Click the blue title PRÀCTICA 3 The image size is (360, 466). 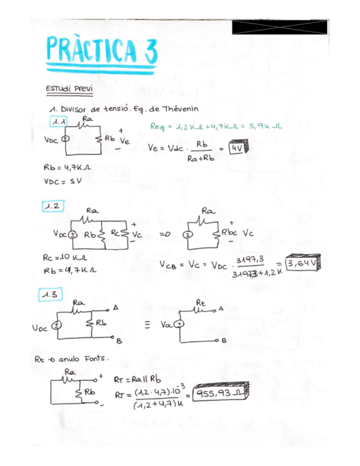(x=102, y=48)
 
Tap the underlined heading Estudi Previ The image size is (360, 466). (x=69, y=88)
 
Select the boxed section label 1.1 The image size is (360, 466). (x=58, y=121)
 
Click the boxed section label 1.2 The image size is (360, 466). (x=53, y=206)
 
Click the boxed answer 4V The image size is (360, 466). (x=237, y=148)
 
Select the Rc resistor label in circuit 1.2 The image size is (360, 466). (x=114, y=233)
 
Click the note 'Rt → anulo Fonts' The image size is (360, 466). (x=71, y=359)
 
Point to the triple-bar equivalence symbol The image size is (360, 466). (x=147, y=324)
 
